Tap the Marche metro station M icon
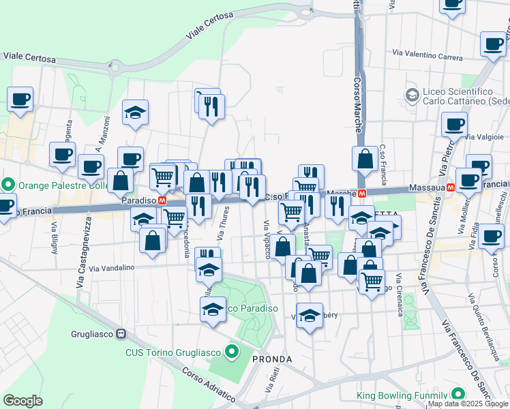coord(362,193)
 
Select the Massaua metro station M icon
coord(451,187)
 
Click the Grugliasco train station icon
coord(121,334)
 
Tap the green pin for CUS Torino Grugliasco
coord(232,352)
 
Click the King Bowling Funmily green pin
coord(457,395)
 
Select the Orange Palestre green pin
coord(8,185)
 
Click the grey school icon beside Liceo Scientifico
coord(411,95)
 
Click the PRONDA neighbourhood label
coord(272,359)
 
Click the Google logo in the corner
coord(23,401)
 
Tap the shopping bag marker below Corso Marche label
coord(365,158)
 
